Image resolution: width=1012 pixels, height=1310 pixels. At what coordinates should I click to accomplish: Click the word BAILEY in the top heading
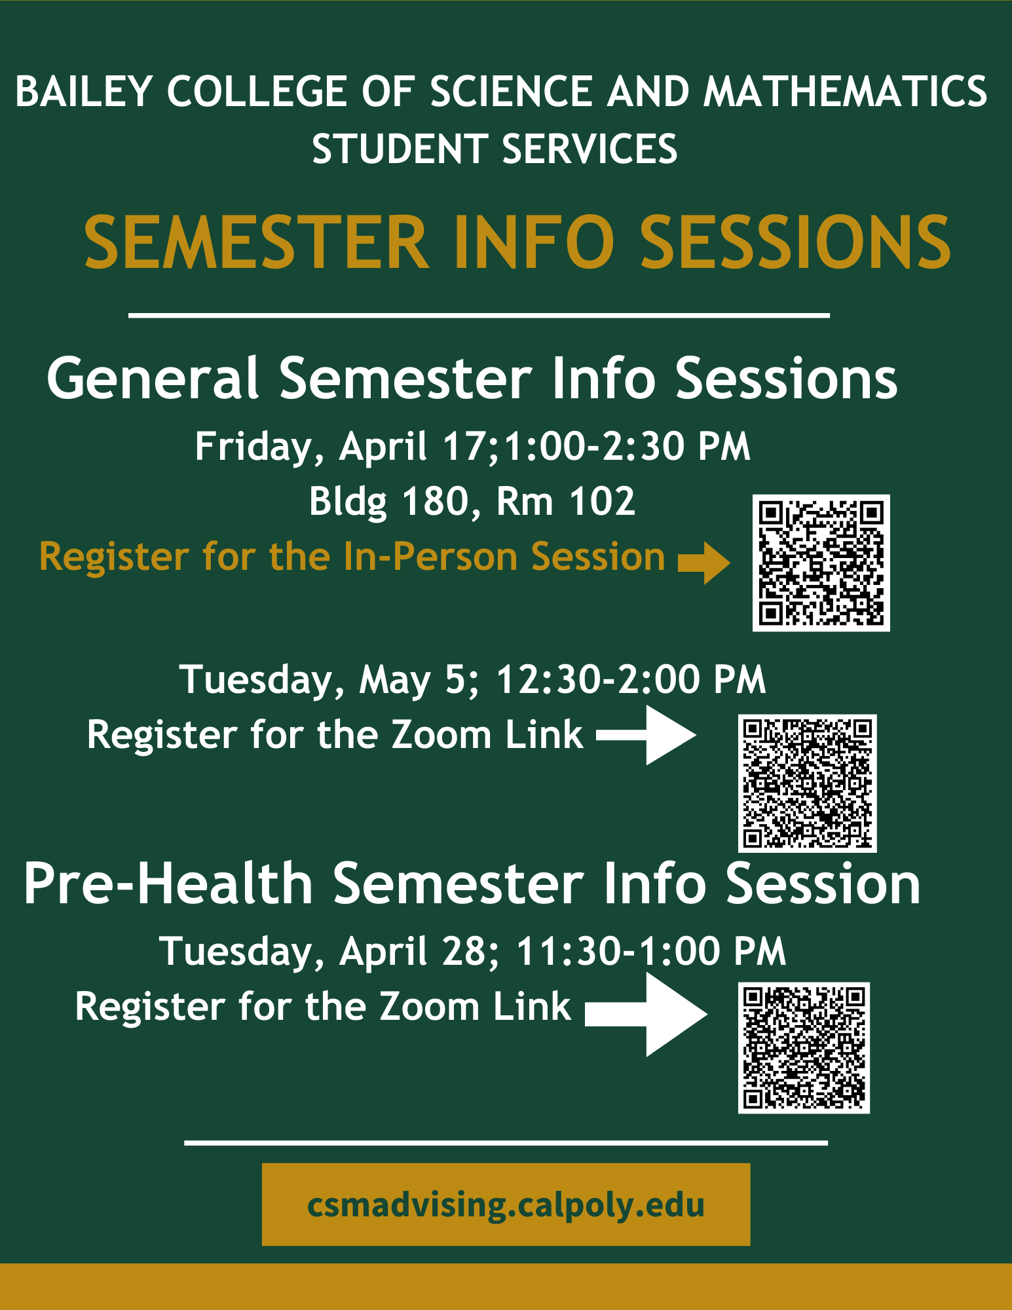pos(84,91)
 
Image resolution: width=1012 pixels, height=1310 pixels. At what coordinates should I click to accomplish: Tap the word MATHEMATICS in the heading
pos(845,91)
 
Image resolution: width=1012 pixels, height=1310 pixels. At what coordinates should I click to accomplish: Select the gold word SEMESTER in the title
pos(256,242)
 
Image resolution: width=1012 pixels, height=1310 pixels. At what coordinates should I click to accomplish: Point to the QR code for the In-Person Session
pos(821,563)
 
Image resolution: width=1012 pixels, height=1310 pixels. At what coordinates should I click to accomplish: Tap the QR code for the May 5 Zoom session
pos(807,783)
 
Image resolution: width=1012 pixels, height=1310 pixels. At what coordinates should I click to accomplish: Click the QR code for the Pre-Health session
pos(804,1047)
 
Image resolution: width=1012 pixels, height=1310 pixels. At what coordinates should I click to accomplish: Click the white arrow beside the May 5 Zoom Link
pos(646,735)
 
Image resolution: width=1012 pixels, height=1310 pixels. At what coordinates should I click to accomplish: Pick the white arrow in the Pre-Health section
pos(646,1014)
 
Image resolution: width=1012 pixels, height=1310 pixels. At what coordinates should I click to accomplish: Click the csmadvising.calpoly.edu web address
pos(506,1205)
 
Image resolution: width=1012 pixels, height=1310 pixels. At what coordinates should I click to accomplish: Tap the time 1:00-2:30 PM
pos(627,447)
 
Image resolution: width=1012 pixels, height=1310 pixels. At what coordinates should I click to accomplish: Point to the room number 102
pos(603,502)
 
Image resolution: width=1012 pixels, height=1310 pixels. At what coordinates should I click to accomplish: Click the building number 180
pos(435,502)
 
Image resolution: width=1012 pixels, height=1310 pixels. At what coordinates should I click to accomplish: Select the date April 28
pos(414,951)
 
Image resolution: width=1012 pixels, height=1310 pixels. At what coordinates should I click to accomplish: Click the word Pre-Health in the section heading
pos(168,884)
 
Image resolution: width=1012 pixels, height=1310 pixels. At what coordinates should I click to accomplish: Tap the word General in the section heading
pos(153,379)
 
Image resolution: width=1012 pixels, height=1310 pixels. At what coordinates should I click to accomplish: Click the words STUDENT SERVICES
pos(495,149)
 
